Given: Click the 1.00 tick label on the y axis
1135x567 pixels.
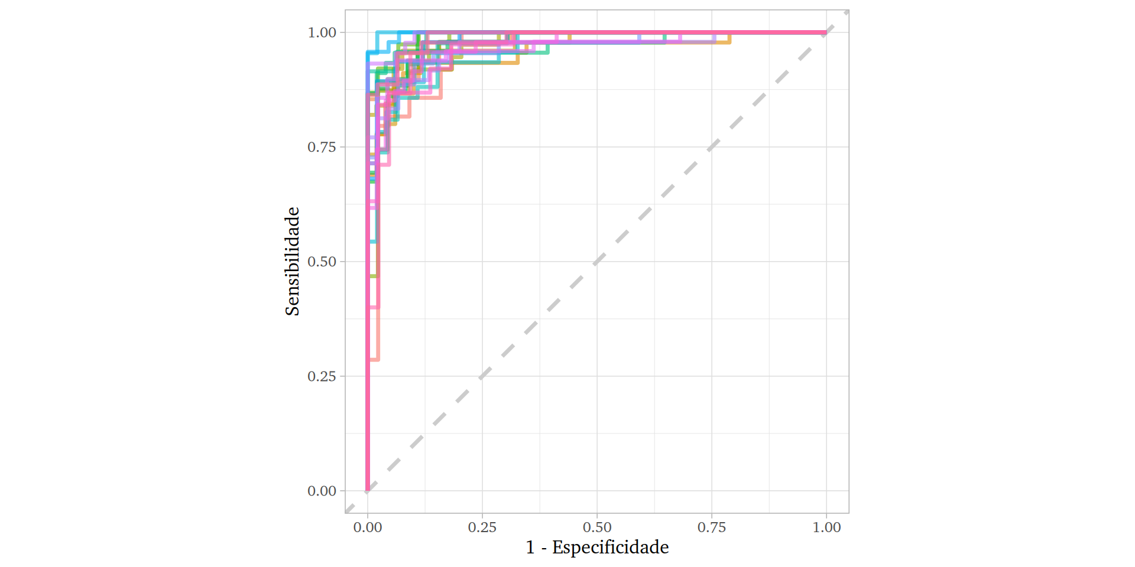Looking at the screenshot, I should point(322,32).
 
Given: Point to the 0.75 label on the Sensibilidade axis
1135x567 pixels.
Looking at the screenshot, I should point(322,147).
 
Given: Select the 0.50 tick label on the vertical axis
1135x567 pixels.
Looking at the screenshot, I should point(322,262).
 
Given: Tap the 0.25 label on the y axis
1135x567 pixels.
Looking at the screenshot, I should point(322,376).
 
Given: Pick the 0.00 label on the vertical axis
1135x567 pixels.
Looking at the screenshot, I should point(322,491).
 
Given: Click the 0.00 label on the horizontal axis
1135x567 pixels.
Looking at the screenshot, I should point(368,527).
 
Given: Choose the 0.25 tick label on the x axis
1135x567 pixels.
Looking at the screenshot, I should point(482,527).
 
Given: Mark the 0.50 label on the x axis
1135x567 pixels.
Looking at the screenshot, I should point(597,527).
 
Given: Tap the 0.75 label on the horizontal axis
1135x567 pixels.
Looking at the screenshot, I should point(712,527).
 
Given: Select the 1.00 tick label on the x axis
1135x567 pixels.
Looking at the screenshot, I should point(826,527).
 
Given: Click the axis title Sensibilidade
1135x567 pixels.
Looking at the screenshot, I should point(293,261).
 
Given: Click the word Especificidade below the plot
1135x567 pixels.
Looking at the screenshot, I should point(610,548).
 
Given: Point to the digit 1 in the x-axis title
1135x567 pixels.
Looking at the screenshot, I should point(530,548).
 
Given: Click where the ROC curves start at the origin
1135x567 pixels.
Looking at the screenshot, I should point(368,490).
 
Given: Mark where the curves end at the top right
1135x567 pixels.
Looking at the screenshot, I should point(826,32).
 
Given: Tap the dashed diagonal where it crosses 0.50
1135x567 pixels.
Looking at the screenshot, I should point(597,262).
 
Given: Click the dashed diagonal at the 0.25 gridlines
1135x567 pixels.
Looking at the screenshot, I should point(482,376).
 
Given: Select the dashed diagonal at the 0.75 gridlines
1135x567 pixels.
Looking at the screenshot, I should point(712,147).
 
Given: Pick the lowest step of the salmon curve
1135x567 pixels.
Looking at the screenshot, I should point(374,359).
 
